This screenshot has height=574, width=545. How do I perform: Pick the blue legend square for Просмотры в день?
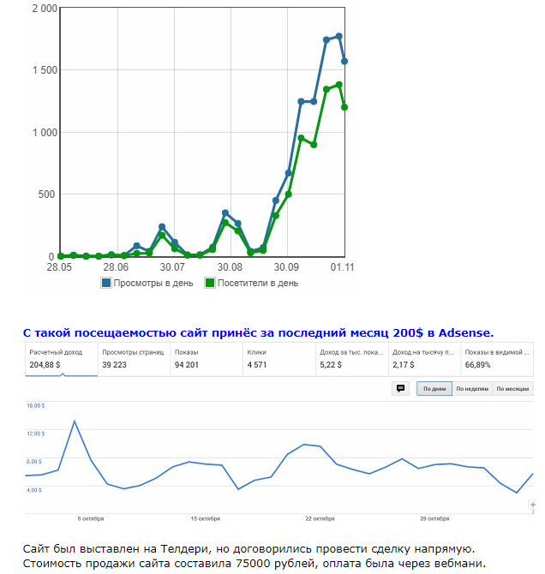(106, 283)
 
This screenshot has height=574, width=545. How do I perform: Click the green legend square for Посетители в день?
(209, 283)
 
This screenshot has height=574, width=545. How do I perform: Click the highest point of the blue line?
(338, 36)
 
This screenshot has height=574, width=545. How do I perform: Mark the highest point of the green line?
(338, 85)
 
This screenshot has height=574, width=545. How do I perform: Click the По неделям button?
(472, 389)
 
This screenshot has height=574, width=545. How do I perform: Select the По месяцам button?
(512, 389)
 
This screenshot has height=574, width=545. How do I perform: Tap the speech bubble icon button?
(400, 389)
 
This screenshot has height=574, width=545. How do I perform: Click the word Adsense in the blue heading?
(466, 332)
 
